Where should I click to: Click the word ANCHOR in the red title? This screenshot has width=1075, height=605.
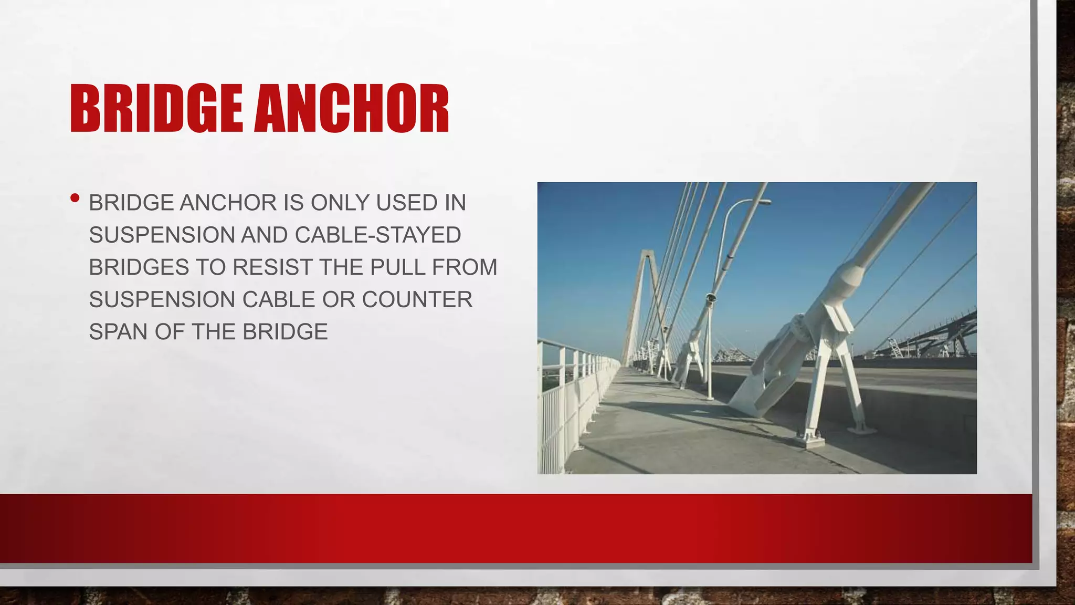352,109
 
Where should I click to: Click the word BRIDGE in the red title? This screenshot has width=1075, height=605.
156,109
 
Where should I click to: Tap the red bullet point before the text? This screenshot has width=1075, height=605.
75,199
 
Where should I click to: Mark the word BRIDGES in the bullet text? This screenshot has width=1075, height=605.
139,267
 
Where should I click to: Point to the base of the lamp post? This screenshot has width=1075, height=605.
710,397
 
